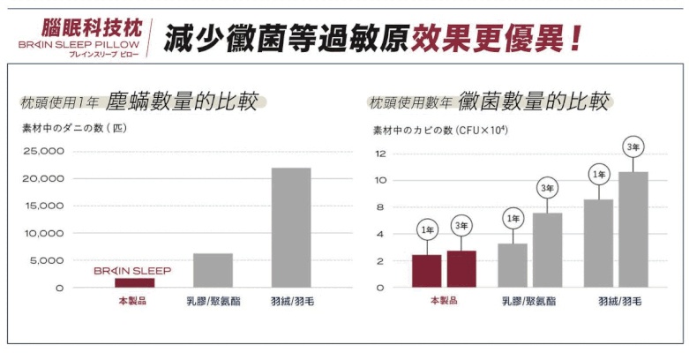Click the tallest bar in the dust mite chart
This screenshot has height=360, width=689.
click(x=291, y=228)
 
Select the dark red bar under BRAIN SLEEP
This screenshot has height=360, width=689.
click(x=134, y=282)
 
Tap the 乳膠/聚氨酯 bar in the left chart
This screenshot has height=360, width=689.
click(x=213, y=270)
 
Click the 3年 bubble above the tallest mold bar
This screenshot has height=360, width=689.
click(x=633, y=146)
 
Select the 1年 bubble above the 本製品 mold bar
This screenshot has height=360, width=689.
click(x=427, y=229)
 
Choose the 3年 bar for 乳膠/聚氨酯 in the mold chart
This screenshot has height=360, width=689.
click(x=547, y=250)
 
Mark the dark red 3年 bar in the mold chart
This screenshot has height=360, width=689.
click(x=461, y=269)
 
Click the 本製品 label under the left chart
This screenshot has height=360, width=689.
click(x=134, y=301)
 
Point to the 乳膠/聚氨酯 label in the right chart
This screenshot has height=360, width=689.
click(x=528, y=302)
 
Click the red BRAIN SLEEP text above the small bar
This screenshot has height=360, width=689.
click(x=132, y=271)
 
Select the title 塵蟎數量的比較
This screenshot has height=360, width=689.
click(x=182, y=101)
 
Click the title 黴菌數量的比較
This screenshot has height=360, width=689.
click(x=533, y=101)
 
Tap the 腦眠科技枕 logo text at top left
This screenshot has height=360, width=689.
click(x=98, y=26)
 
